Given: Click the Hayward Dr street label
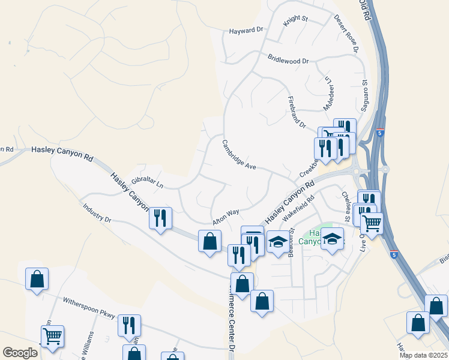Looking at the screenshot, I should pyautogui.click(x=247, y=29).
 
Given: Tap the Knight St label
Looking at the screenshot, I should pyautogui.click(x=295, y=19).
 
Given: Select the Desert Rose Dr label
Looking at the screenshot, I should pyautogui.click(x=346, y=34).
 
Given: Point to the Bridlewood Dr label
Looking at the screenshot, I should pyautogui.click(x=288, y=61).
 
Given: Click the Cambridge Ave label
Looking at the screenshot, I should pyautogui.click(x=240, y=155).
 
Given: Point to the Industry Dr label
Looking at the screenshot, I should pyautogui.click(x=96, y=215).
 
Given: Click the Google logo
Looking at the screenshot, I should pyautogui.click(x=20, y=353).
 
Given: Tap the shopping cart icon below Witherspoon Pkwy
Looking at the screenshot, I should pyautogui.click(x=52, y=335).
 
